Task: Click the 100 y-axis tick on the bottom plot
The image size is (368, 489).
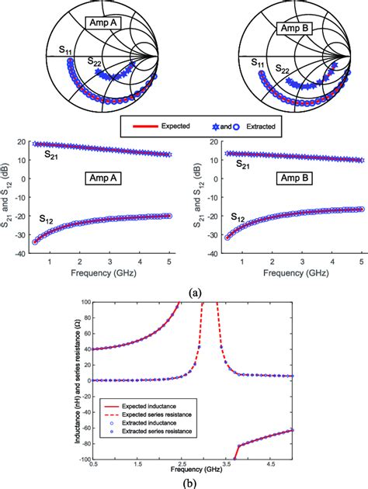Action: click(x=82, y=303)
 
